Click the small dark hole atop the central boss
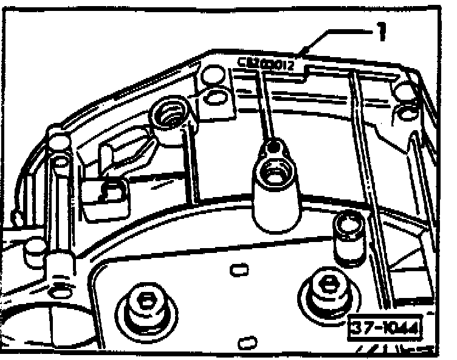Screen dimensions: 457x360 coord(275,147)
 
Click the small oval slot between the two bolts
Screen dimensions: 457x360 coord(236,268)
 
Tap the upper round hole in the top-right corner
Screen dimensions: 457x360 coord(402,89)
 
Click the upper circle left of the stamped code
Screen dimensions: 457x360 coord(211,76)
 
